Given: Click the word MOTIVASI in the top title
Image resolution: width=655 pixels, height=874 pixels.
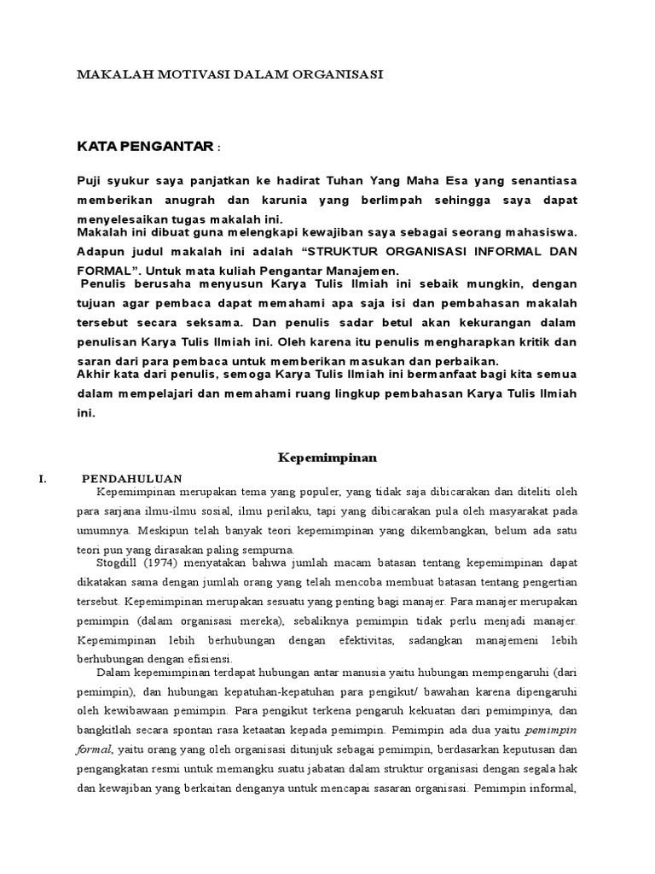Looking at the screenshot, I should coord(180,74).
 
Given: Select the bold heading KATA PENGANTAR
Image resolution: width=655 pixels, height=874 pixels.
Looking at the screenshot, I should coord(144,148).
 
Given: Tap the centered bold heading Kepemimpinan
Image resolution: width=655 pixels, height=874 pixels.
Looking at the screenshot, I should coord(327,457).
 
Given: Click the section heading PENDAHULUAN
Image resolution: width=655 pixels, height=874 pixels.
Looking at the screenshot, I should coord(131,478).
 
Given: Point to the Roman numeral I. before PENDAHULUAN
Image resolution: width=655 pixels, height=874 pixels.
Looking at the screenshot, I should coord(43,478).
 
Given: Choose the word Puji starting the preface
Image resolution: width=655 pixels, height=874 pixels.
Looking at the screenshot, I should coord(90,181).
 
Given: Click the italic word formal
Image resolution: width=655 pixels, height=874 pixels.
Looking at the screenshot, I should coord(95,749).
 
